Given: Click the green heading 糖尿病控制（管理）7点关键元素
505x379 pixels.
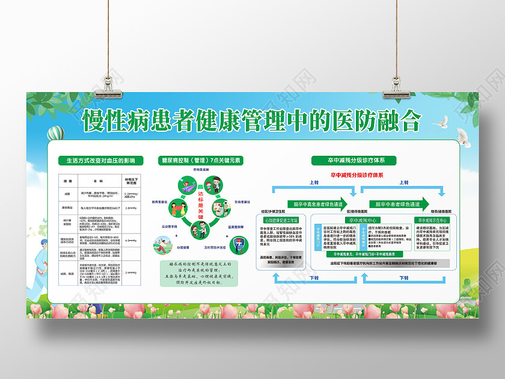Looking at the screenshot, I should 200,161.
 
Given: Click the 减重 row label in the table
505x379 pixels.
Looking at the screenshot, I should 68,194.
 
